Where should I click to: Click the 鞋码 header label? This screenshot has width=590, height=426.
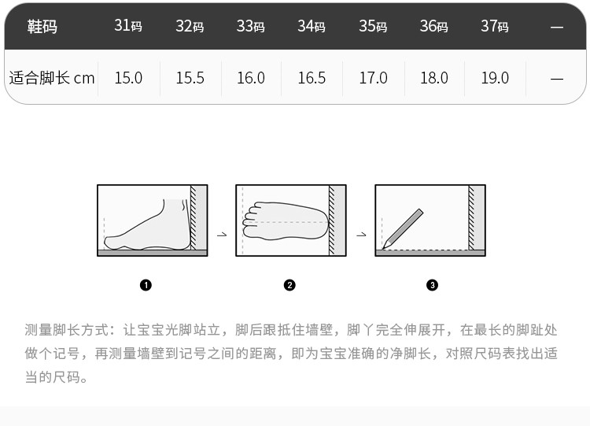(x=42, y=26)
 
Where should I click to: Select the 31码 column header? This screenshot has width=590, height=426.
(x=128, y=26)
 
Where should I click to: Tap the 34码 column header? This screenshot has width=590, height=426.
(x=312, y=26)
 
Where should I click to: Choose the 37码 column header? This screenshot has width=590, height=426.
(x=495, y=26)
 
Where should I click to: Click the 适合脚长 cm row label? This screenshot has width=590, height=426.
(x=52, y=78)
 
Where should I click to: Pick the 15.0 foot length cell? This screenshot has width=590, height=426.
(x=128, y=78)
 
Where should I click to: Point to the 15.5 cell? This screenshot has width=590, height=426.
(x=190, y=78)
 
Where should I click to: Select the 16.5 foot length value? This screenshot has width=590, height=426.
(x=312, y=78)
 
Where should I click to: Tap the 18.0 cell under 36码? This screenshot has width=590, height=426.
(x=433, y=78)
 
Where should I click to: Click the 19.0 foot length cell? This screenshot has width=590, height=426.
(x=495, y=78)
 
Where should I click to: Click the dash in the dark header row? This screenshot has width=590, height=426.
(x=556, y=27)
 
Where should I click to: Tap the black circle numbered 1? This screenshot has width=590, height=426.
(x=146, y=285)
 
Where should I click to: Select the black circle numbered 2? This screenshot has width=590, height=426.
(x=289, y=285)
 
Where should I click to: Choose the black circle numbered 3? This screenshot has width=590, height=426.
(x=432, y=285)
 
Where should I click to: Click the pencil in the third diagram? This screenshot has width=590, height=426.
(x=403, y=229)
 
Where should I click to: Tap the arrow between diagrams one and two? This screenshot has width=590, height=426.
(x=222, y=235)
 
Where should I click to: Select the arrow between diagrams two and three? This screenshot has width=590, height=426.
(x=361, y=235)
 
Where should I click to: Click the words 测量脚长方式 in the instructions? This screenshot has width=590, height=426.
(x=67, y=330)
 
